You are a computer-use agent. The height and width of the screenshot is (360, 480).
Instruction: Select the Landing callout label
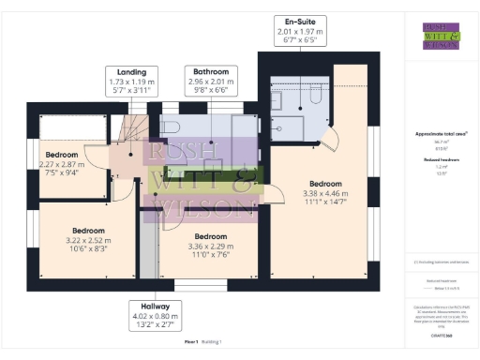pyautogui.click(x=131, y=81)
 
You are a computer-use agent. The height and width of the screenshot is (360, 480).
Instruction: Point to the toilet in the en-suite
pyautogui.click(x=313, y=96)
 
